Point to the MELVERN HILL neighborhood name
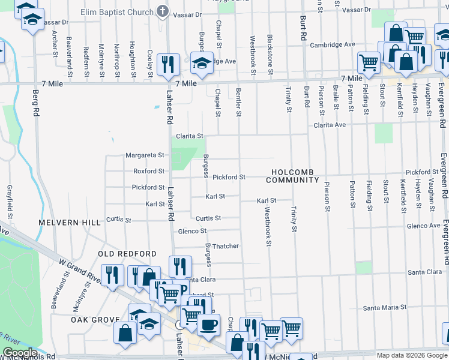70,222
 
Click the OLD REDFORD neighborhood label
127,254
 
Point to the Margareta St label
145,155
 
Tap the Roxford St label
148,171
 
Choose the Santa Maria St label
385,307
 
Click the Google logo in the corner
19,353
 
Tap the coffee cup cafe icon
208,325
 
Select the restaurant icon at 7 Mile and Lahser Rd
168,64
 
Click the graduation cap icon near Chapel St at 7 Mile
202,63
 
